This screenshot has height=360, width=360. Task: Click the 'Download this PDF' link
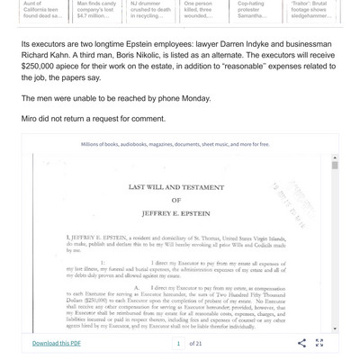57,343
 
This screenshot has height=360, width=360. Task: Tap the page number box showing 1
179,343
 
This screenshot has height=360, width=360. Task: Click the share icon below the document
302,343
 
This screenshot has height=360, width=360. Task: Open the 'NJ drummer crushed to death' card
150,10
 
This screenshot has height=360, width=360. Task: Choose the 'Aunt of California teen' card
43,10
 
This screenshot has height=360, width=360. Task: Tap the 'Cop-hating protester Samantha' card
257,10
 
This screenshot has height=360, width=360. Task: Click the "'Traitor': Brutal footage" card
311,10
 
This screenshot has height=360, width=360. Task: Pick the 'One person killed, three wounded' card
204,10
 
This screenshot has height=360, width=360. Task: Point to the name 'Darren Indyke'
247,41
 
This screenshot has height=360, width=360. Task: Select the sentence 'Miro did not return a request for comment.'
94,118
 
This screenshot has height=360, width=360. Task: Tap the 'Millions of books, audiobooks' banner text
175,144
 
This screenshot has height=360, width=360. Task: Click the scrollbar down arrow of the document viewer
336,328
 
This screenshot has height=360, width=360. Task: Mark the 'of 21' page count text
195,343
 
